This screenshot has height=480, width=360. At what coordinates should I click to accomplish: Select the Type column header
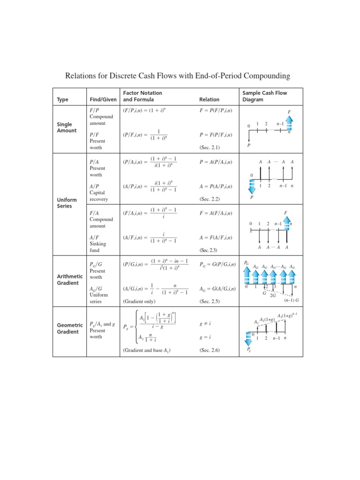(62, 99)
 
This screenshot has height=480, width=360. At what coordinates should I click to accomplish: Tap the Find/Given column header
(103, 99)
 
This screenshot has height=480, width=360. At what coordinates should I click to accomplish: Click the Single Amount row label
(65, 127)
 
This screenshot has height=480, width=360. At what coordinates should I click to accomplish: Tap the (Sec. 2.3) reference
(210, 250)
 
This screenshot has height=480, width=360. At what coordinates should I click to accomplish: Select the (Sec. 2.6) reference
(210, 350)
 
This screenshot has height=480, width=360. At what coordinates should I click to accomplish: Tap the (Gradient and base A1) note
(147, 350)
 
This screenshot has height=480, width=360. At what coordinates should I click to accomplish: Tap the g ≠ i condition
(206, 323)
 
